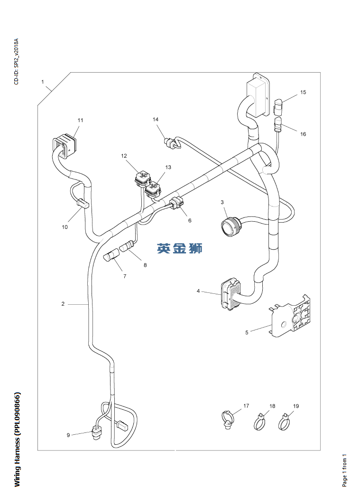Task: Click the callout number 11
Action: pos(80,121)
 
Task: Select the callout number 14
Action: pos(156,120)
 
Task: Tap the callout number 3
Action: pos(222,203)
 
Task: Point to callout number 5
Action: pos(247,332)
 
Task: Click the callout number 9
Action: pos(68,435)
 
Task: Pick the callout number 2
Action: pos(63,304)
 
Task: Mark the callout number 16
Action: pos(303,134)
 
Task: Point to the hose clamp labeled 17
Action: pos(228,419)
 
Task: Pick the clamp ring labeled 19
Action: pos(285,422)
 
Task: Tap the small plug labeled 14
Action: pos(170,143)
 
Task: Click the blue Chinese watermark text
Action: pos(180,248)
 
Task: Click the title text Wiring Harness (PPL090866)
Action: pos(17,439)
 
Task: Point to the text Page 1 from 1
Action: pos(345,470)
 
